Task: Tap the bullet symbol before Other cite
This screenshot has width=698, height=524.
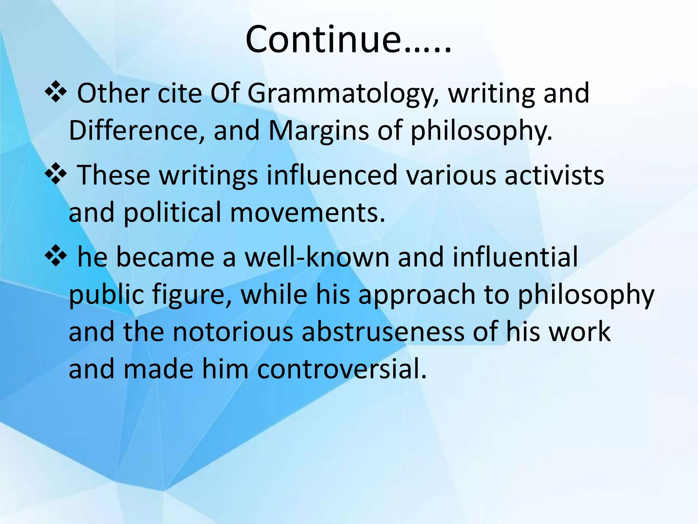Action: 56,93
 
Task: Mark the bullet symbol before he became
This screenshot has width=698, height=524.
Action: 56,257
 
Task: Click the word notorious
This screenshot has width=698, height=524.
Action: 232,332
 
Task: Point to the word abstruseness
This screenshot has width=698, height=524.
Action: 383,332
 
